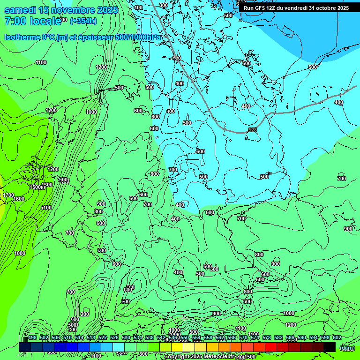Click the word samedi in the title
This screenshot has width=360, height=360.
point(20,10)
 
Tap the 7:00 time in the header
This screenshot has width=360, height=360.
point(14,21)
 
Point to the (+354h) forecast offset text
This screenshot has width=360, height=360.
point(83,21)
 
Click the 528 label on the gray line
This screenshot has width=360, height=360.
point(253,130)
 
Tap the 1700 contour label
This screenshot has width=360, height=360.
point(8,195)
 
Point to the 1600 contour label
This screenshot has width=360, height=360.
point(19,199)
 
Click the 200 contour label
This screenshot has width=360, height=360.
point(85,314)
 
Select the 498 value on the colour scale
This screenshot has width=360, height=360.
point(32,337)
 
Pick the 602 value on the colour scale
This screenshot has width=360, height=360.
point(337,337)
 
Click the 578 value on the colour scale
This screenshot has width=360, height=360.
point(267,337)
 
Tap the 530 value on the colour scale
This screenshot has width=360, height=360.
point(126,337)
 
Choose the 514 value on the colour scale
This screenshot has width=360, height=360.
point(79,337)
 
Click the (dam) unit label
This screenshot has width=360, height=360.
point(347,347)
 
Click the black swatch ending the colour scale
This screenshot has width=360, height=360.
point(330,347)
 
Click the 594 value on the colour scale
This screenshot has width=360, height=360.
point(314,337)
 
